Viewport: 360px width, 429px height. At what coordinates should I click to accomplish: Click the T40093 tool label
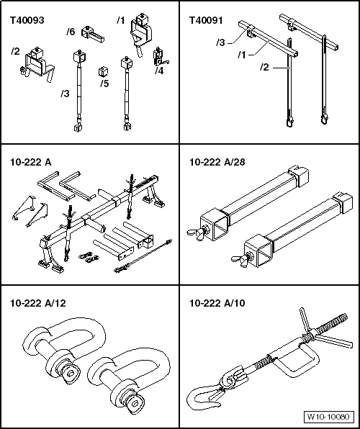click(27, 21)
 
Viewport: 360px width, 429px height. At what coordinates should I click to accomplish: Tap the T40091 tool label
click(206, 21)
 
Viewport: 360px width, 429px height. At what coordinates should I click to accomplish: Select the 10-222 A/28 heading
click(217, 162)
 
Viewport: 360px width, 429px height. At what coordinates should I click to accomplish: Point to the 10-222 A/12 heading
click(38, 303)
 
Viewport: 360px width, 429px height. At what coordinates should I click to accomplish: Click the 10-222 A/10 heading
click(217, 303)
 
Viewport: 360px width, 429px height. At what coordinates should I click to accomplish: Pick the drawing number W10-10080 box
click(328, 417)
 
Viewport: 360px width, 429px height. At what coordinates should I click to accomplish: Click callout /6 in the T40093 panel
click(71, 32)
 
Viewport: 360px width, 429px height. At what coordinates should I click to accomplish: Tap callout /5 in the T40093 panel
click(104, 83)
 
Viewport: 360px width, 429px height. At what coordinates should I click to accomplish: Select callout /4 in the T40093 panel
click(159, 71)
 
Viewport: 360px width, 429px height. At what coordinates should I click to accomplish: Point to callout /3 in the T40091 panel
click(220, 42)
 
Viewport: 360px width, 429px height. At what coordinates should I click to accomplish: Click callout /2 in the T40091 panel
click(264, 67)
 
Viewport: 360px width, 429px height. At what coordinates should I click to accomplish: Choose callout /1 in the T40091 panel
click(242, 55)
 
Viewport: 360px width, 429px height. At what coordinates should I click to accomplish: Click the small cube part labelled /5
click(103, 72)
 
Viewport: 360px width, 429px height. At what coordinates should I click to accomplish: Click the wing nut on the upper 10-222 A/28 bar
click(198, 232)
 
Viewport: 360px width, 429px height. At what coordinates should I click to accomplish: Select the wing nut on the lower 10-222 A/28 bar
click(243, 259)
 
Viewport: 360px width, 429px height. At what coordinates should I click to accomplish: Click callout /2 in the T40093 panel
click(15, 51)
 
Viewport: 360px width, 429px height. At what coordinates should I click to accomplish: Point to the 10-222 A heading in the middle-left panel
click(31, 162)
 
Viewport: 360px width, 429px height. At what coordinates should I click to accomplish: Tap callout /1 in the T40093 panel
click(120, 20)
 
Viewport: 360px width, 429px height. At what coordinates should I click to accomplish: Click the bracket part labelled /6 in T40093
click(93, 35)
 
